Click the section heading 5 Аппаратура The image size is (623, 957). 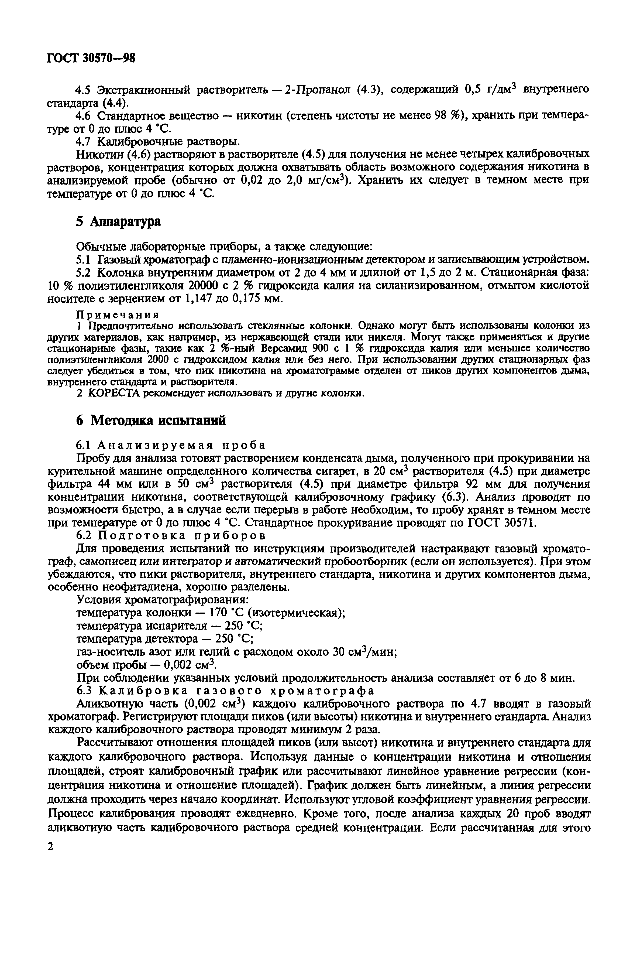click(119, 221)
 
